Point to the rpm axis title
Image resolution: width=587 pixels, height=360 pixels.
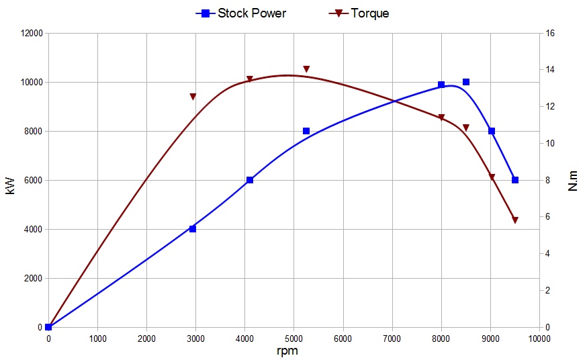click(287, 351)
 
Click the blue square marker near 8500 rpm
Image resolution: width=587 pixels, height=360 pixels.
click(466, 82)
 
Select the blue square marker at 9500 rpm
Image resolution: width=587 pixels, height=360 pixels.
click(515, 180)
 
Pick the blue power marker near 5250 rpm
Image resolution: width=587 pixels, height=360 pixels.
click(306, 131)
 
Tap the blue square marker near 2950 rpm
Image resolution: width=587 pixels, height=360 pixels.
click(193, 229)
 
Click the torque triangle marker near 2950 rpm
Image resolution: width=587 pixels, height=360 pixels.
click(193, 97)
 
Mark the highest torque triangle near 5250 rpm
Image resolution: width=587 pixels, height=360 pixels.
click(306, 69)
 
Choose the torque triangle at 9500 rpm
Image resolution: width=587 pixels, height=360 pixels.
click(515, 220)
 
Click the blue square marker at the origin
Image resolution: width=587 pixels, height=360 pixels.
click(48, 327)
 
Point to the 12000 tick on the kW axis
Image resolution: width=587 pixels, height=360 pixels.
click(30, 34)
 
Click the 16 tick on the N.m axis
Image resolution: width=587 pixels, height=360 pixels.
click(549, 34)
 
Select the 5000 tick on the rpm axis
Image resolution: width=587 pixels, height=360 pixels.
click(294, 339)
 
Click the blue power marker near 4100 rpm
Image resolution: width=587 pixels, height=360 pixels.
click(250, 180)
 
